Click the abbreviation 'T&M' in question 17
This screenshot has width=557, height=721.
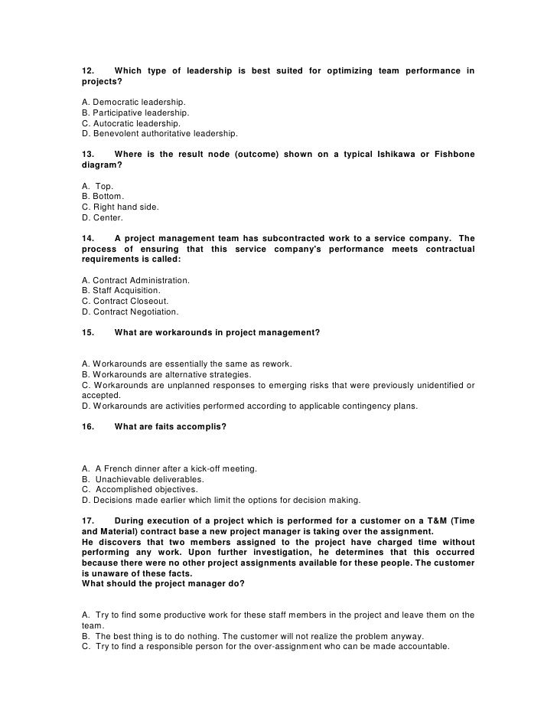point(430,521)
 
